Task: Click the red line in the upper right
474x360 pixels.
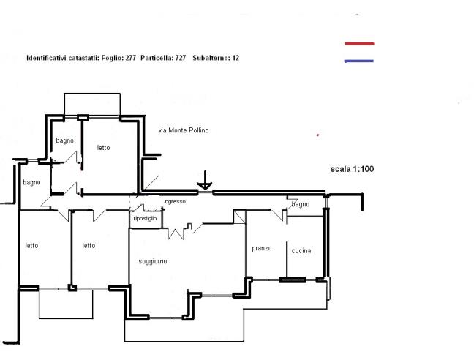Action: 359,44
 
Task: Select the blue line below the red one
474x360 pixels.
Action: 359,61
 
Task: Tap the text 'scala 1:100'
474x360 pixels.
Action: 352,169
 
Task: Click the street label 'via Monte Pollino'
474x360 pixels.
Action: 184,130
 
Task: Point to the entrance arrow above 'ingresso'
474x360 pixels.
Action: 205,180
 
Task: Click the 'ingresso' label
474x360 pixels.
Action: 175,202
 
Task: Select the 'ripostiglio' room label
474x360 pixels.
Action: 145,218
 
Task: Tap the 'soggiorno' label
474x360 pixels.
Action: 153,261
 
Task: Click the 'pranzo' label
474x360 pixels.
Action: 262,248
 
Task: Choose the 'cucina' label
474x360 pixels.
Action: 301,250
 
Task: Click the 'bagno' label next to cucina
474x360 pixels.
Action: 301,205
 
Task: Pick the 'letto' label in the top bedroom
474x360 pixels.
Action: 103,148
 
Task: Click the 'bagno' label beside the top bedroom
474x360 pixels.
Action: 64,140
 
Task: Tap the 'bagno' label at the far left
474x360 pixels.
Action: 31,183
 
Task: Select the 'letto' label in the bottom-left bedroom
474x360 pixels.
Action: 31,245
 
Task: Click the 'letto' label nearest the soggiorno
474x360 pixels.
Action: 89,245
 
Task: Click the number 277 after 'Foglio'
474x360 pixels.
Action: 131,58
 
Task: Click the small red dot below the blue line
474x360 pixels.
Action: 317,135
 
